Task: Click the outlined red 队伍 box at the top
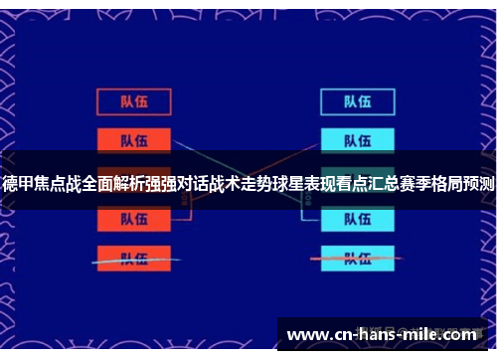133,101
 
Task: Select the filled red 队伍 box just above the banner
133,139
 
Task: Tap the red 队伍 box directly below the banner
133,221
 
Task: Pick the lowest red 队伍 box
133,259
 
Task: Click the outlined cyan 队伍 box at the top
357,101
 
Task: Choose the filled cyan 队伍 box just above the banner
357,139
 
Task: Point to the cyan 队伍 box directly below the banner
357,221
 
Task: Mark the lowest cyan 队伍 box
357,259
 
